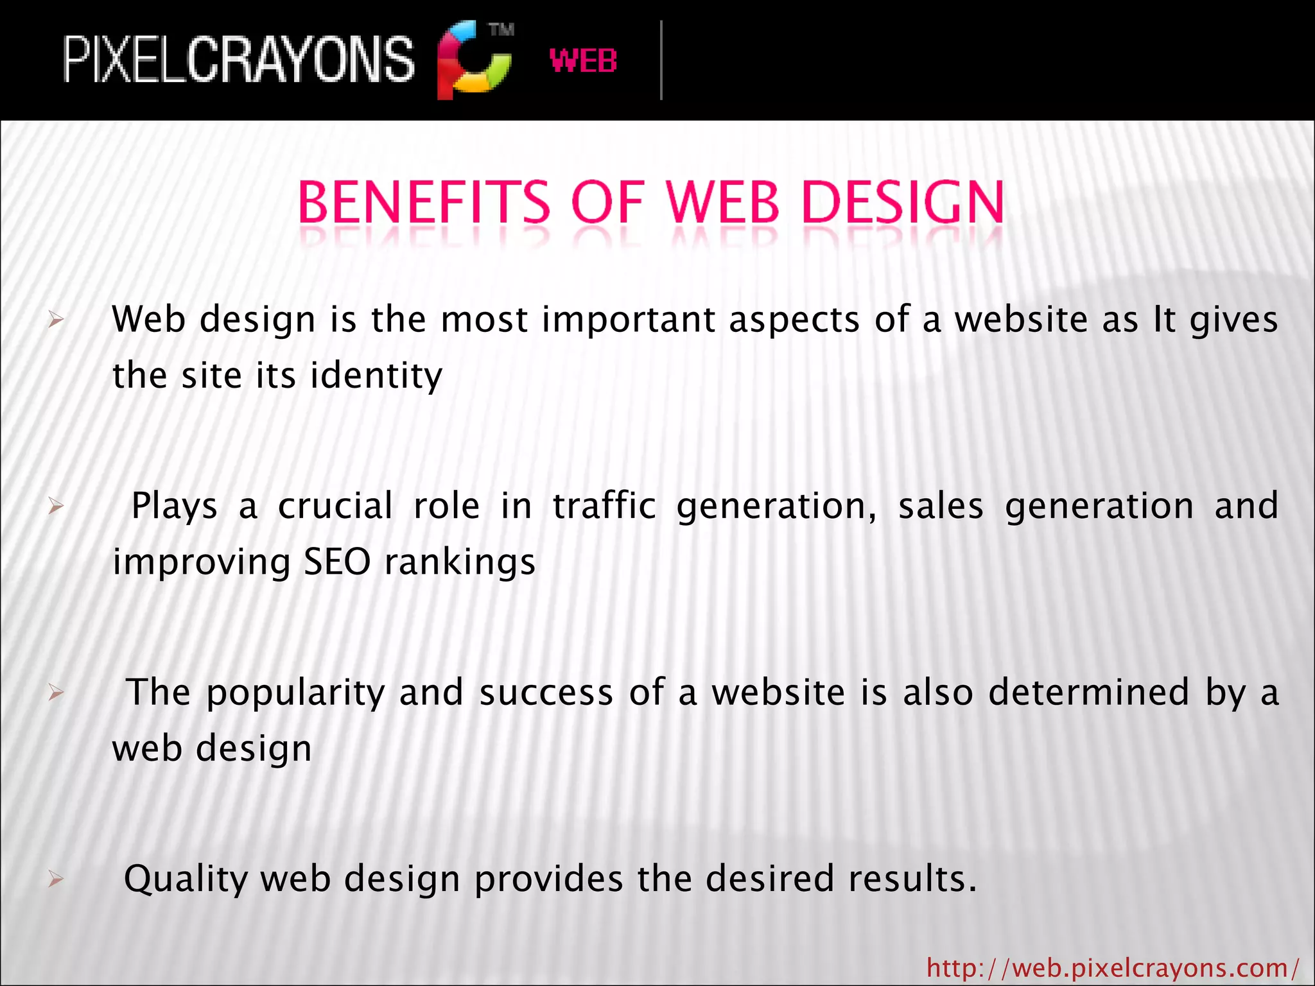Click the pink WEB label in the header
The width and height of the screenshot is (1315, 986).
pyautogui.click(x=583, y=61)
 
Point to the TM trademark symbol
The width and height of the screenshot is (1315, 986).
pyautogui.click(x=501, y=30)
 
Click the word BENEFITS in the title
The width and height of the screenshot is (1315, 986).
pyautogui.click(x=424, y=203)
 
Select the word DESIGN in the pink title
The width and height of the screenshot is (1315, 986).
pyautogui.click(x=903, y=203)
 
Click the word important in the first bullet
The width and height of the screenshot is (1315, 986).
pyautogui.click(x=629, y=319)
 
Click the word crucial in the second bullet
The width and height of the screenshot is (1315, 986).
pyautogui.click(x=335, y=506)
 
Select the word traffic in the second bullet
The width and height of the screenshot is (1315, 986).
pyautogui.click(x=604, y=506)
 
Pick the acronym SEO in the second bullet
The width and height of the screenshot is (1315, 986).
pyautogui.click(x=337, y=562)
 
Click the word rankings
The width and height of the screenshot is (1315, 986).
pyautogui.click(x=460, y=563)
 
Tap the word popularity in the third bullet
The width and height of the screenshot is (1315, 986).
pyautogui.click(x=295, y=693)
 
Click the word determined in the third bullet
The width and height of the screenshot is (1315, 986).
pyautogui.click(x=1089, y=692)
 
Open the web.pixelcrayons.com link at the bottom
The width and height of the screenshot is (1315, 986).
pyautogui.click(x=1113, y=967)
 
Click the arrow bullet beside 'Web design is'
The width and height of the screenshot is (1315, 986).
pyautogui.click(x=56, y=320)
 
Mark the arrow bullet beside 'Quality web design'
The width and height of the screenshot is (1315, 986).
pyautogui.click(x=56, y=879)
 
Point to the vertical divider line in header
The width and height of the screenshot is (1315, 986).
pyautogui.click(x=661, y=60)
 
